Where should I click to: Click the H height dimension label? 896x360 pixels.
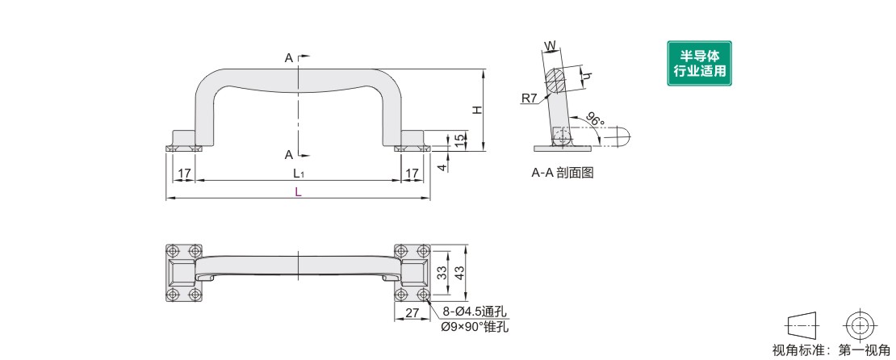[x=478, y=110]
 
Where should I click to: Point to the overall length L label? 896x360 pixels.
[x=298, y=192]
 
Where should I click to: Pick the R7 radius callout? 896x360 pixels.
[x=529, y=98]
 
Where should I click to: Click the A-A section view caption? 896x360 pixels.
[x=563, y=172]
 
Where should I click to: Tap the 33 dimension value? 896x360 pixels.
[x=442, y=272]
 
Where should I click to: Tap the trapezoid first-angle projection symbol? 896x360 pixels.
[x=802, y=325]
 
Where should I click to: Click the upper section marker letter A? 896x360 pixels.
[x=288, y=58]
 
